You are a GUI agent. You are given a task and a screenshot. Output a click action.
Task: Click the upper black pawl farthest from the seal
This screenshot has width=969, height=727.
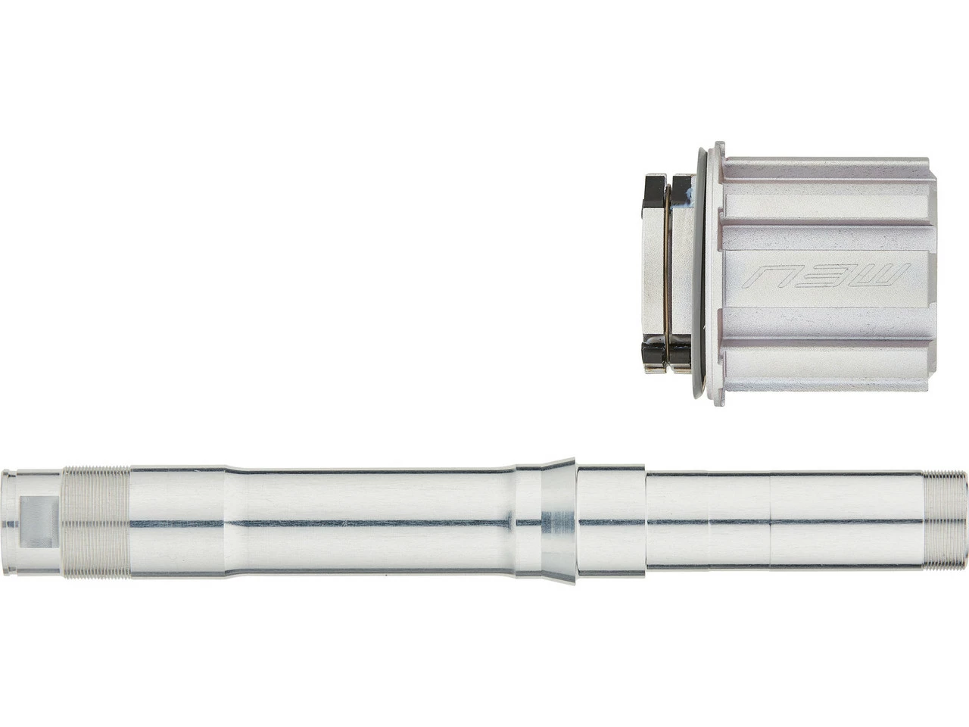tap(653, 186)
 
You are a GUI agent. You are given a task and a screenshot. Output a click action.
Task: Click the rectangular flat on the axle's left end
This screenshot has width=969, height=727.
tap(38, 518)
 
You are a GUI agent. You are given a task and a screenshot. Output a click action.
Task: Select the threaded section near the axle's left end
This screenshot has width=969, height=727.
tap(96, 523)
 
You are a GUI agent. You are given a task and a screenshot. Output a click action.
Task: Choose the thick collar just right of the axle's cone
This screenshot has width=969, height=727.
tap(610, 523)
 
